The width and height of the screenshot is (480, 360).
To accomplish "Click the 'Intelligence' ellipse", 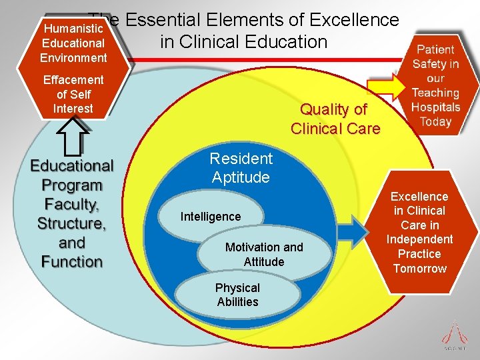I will pyautogui.click(x=211, y=217).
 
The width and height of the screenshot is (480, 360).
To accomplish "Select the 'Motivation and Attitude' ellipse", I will pyautogui.click(x=264, y=255).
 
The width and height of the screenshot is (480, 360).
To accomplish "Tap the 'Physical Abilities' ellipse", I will pyautogui.click(x=237, y=295).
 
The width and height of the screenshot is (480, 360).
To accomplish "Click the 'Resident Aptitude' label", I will pyautogui.click(x=241, y=168).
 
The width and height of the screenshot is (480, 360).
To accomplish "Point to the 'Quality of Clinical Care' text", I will pyautogui.click(x=335, y=119).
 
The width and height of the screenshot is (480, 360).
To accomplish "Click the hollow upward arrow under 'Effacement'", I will pyautogui.click(x=73, y=141).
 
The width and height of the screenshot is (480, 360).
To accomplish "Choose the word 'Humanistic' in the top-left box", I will pyautogui.click(x=73, y=29).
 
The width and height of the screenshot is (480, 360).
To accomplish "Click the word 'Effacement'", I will pyautogui.click(x=73, y=80).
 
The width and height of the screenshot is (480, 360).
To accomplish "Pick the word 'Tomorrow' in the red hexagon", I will pyautogui.click(x=420, y=269).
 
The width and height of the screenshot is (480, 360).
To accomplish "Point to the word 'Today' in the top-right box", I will pyautogui.click(x=436, y=122).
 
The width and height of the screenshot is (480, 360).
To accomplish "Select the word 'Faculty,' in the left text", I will pyautogui.click(x=73, y=203).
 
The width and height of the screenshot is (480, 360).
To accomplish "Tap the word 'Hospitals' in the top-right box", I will pyautogui.click(x=436, y=107).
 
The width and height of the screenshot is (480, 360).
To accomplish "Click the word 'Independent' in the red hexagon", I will pyautogui.click(x=420, y=239).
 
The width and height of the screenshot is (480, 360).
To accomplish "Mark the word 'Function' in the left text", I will pyautogui.click(x=72, y=260).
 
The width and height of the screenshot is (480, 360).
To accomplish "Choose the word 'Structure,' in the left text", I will pyautogui.click(x=72, y=223).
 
